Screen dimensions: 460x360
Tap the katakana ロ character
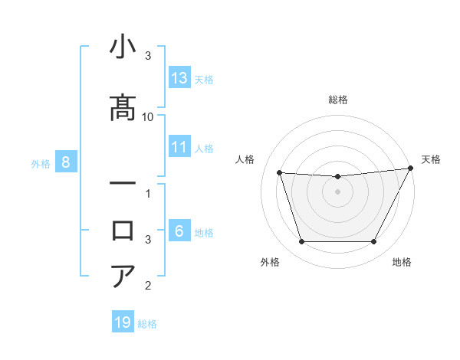[123, 231]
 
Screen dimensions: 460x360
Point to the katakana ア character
[123, 277]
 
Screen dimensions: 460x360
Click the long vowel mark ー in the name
[123, 185]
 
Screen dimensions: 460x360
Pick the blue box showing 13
[179, 78]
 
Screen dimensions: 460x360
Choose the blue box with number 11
[179, 147]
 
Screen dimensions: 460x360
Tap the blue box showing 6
[179, 231]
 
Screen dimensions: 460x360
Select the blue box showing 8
[66, 162]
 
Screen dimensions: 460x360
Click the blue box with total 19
[123, 322]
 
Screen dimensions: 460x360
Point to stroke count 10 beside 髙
[148, 116]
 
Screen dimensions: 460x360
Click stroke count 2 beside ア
[148, 286]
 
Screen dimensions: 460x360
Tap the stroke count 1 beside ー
[148, 193]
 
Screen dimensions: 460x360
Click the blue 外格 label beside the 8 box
[41, 163]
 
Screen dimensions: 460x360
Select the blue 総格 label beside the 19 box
[147, 324]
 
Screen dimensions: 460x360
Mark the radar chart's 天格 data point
[411, 168]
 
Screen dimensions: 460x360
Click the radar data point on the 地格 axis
[374, 242]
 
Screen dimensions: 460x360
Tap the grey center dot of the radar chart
[337, 191]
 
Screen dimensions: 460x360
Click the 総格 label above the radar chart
[337, 100]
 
